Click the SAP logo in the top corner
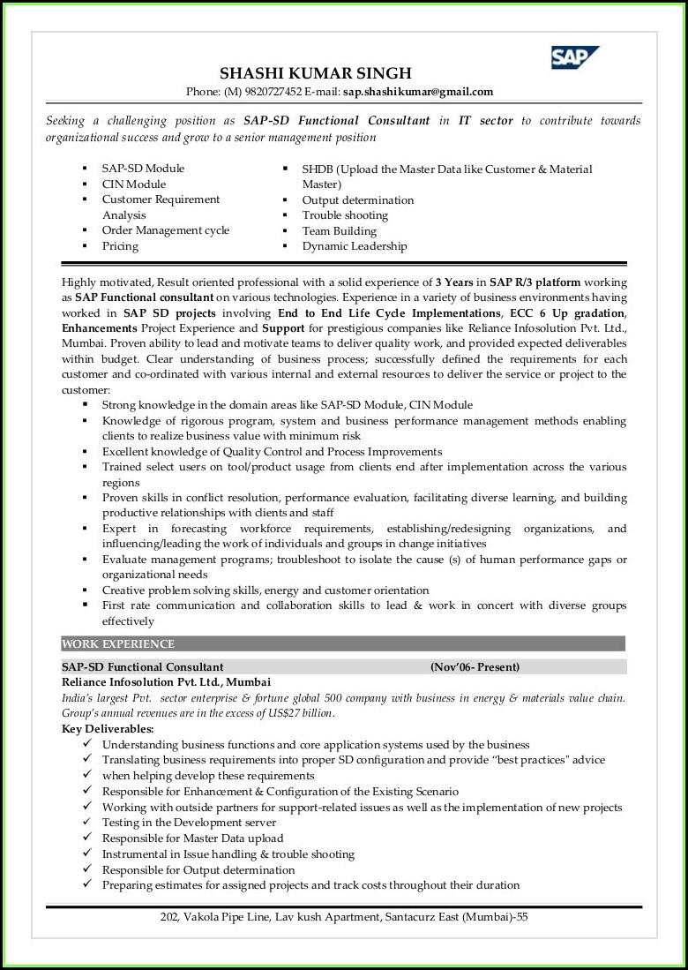[x=574, y=57]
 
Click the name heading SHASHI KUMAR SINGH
[x=315, y=73]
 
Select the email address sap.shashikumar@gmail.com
[x=418, y=92]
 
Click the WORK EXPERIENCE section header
[x=118, y=643]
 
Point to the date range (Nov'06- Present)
[x=475, y=666]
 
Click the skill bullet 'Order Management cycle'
[x=165, y=230]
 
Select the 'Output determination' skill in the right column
[x=357, y=200]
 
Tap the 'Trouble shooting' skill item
[x=345, y=215]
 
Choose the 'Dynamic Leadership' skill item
[x=355, y=246]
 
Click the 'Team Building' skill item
[x=339, y=231]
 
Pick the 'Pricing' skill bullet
[x=120, y=246]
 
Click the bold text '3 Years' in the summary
[x=454, y=282]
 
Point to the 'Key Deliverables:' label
[x=108, y=729]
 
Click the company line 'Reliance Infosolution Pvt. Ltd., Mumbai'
[x=166, y=682]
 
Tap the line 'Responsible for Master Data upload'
[x=192, y=838]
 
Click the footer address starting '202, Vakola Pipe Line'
[x=344, y=917]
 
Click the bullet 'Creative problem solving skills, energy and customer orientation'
[x=265, y=590]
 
